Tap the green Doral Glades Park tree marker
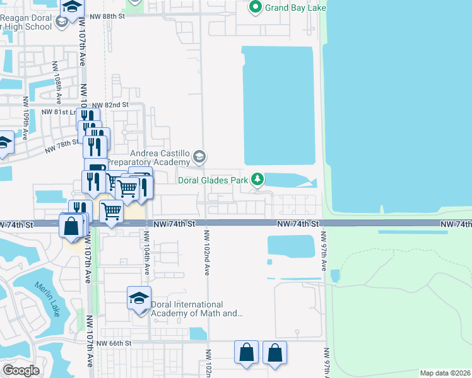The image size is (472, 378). tap(257, 180)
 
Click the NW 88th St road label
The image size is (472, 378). tap(108, 16)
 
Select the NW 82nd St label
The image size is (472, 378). tap(110, 105)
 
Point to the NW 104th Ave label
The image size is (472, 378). tap(146, 251)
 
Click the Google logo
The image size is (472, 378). tap(21, 370)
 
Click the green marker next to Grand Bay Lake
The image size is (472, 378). tap(256, 8)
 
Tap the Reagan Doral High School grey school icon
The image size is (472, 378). tap(61, 23)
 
